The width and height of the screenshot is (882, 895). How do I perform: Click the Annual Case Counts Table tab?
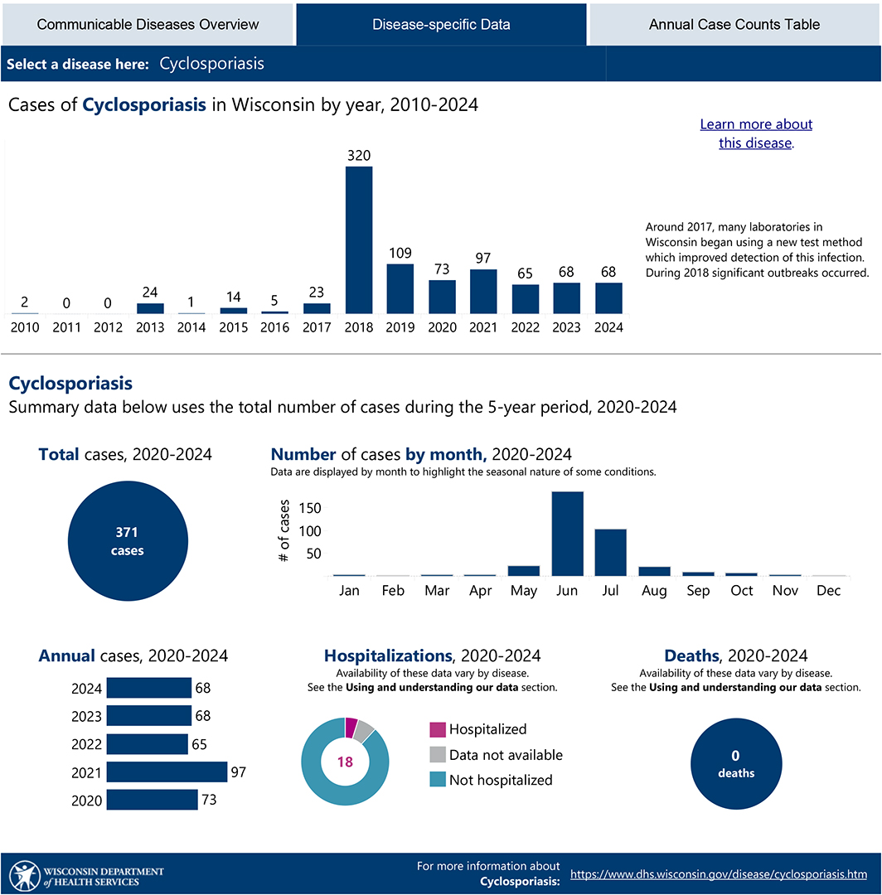click(734, 25)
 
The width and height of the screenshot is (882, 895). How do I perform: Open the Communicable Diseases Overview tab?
click(148, 25)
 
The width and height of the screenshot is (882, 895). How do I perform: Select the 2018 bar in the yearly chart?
click(359, 239)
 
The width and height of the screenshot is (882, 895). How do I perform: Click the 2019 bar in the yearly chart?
click(400, 289)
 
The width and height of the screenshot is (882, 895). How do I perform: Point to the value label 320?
click(359, 155)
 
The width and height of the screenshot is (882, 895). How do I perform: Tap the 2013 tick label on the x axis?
click(149, 327)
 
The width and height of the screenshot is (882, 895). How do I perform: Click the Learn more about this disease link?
click(756, 133)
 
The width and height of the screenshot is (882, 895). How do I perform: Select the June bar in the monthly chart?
click(568, 534)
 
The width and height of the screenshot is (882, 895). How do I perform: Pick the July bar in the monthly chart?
click(611, 553)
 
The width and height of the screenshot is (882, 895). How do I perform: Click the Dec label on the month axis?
click(828, 590)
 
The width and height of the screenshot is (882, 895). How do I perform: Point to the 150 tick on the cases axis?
click(310, 508)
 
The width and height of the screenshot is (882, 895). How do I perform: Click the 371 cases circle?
click(128, 540)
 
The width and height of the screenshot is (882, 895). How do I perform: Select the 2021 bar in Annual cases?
click(167, 772)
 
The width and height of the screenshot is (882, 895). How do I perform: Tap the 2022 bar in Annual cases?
click(148, 743)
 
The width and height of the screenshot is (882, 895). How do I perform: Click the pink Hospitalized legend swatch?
click(438, 729)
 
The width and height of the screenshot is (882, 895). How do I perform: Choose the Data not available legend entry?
click(496, 755)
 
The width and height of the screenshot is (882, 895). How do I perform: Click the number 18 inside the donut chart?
click(345, 762)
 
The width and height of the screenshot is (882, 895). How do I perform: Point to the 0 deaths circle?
click(736, 764)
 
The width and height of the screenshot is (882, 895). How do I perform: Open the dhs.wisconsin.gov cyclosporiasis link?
click(719, 874)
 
